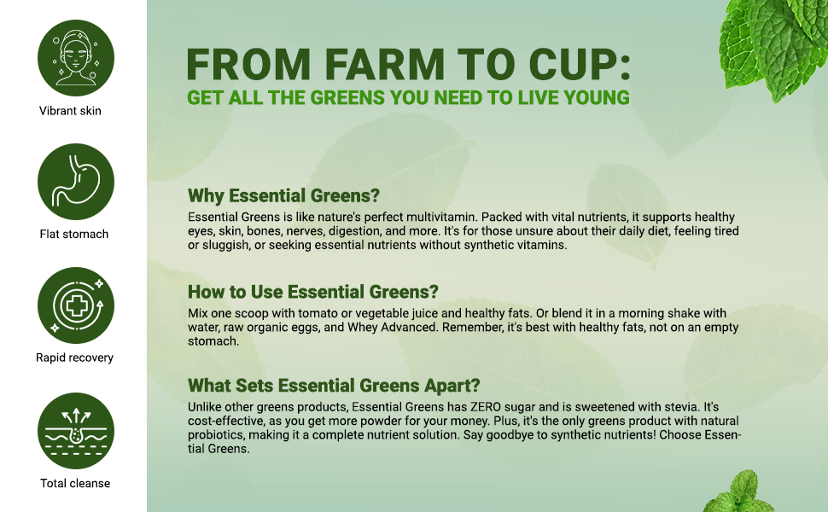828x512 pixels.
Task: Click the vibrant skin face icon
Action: (75, 58)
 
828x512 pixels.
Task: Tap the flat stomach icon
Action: (75, 182)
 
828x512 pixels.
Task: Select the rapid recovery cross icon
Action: (75, 305)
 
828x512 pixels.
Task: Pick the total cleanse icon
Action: (75, 431)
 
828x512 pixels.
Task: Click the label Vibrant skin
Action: (70, 111)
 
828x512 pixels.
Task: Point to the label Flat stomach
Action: (74, 234)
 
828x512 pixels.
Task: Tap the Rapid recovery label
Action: (74, 358)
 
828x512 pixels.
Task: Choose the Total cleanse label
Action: (75, 483)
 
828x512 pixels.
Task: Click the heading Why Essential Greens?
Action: (283, 195)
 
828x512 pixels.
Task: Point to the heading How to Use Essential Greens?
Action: (313, 292)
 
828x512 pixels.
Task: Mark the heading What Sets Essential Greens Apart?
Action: (334, 385)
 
